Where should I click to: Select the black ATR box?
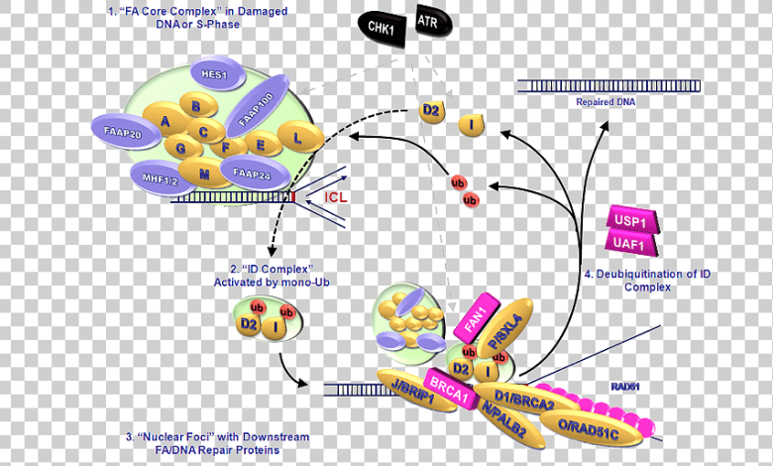[x=427, y=21]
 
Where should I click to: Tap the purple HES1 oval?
[x=214, y=73]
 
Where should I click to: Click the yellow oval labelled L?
[x=296, y=138]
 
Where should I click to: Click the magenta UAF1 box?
[x=630, y=243]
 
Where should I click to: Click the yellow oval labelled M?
[x=204, y=175]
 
